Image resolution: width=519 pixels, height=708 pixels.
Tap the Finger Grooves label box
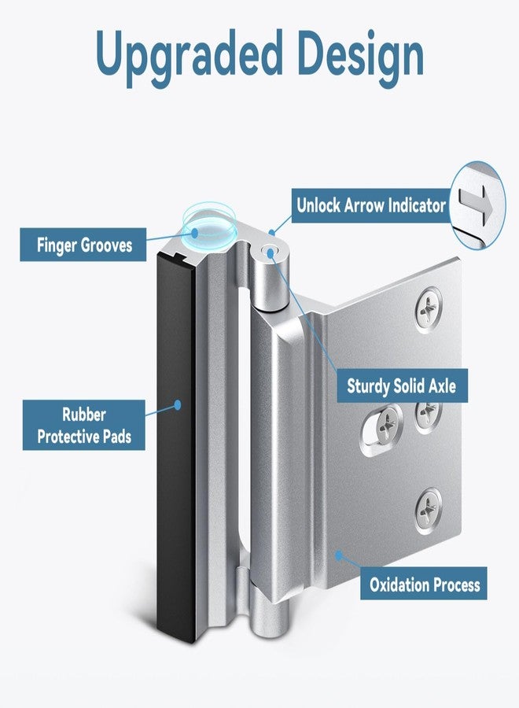tap(83, 245)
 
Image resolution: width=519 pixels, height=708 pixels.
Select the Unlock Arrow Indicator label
tap(371, 205)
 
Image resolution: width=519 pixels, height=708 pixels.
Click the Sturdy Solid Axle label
tap(402, 386)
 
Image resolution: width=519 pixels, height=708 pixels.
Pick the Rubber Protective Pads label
tap(84, 425)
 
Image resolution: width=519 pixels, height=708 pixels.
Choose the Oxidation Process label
tap(424, 584)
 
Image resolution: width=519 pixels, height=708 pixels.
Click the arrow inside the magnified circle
tap(476, 205)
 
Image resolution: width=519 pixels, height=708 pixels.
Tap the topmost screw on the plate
tap(428, 309)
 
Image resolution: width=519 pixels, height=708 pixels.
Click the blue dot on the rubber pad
tap(178, 404)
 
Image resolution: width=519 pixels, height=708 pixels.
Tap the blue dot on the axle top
tap(271, 253)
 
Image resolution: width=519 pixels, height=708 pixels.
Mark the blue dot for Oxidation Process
tap(339, 555)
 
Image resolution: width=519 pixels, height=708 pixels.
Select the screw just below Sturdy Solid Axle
tap(427, 416)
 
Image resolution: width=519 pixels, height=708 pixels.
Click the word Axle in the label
tap(442, 386)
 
